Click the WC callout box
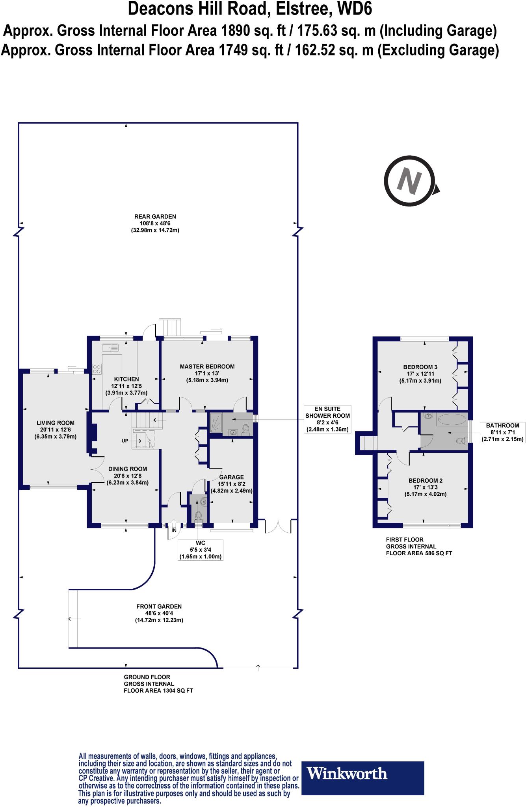click(x=200, y=550)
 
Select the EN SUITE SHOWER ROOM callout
click(x=327, y=419)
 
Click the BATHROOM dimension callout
click(x=502, y=432)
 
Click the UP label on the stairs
click(x=125, y=441)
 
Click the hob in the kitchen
click(x=97, y=369)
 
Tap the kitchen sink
click(x=110, y=348)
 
